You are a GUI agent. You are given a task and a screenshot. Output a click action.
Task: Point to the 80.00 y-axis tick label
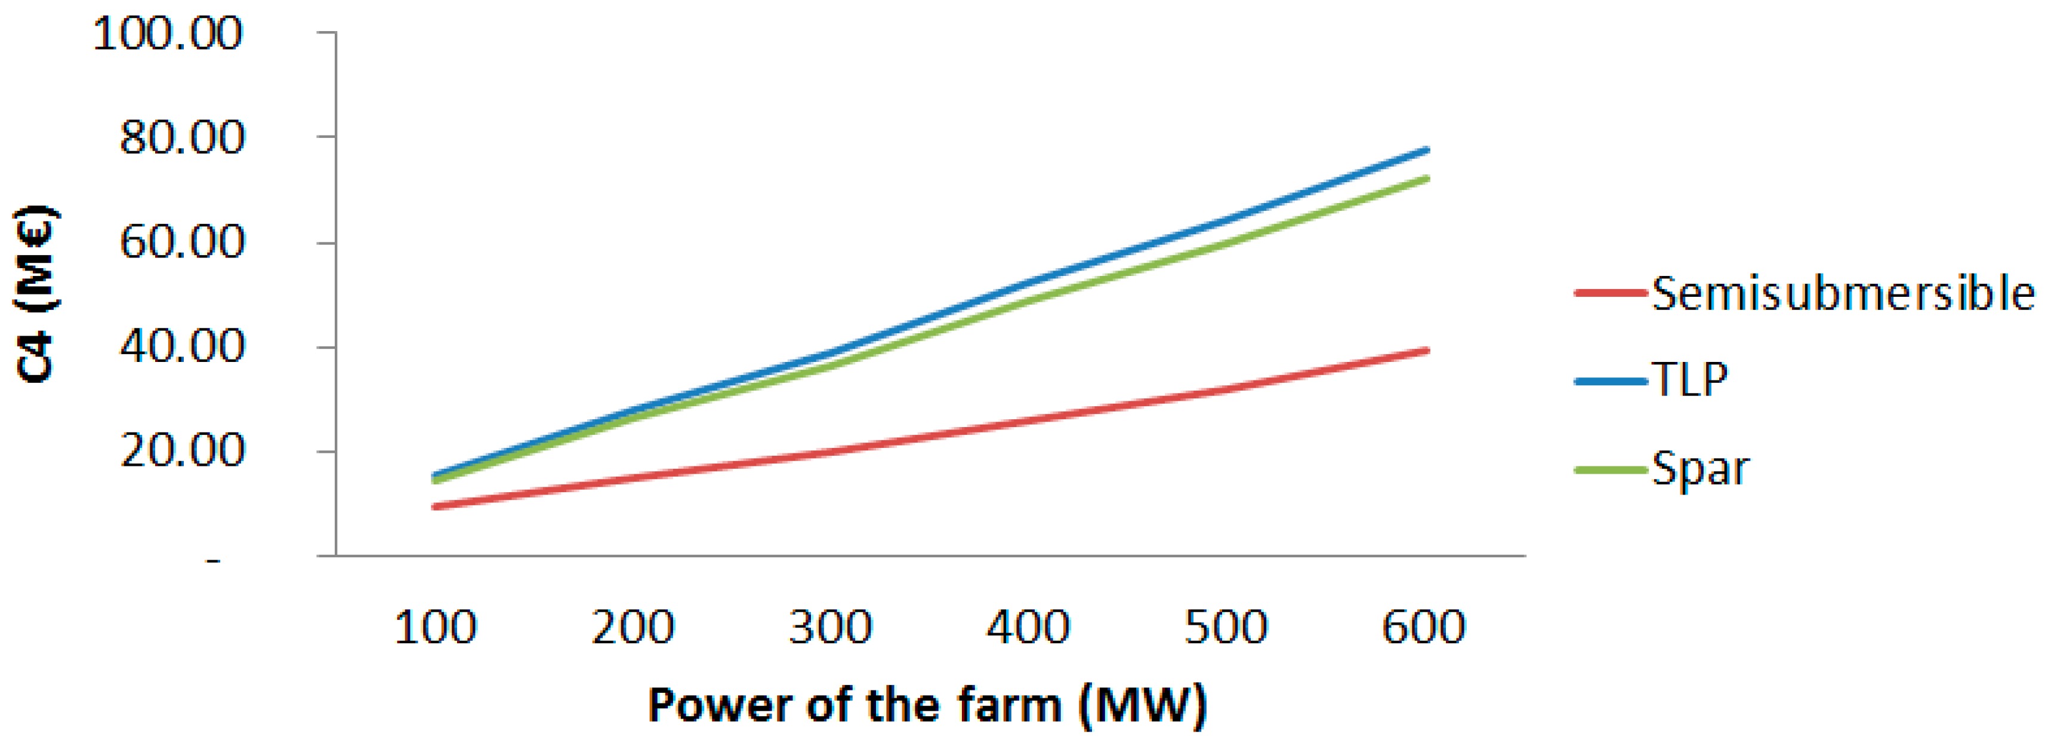[182, 138]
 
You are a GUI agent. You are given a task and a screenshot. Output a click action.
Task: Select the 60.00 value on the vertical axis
[182, 242]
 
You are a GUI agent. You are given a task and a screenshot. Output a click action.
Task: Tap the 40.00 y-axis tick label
[182, 347]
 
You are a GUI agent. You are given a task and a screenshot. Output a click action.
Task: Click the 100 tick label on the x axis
[435, 628]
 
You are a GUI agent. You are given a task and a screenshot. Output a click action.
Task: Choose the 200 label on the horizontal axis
[633, 628]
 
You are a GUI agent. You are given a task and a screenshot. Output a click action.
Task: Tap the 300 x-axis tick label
[831, 628]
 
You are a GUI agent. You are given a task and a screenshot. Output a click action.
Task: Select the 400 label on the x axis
[1028, 628]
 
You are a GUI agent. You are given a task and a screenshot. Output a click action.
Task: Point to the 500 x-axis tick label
[1226, 628]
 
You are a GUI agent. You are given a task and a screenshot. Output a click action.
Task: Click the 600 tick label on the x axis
[1423, 628]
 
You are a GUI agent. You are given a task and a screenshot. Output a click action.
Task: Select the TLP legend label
[1690, 380]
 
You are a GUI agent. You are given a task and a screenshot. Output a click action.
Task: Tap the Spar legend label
[1701, 469]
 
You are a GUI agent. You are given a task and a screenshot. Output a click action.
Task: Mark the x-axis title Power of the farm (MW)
[927, 705]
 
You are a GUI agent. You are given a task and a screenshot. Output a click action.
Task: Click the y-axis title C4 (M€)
[36, 294]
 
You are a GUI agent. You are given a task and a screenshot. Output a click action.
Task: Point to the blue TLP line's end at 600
[1427, 149]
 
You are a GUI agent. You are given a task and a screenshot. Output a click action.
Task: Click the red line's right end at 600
[1427, 351]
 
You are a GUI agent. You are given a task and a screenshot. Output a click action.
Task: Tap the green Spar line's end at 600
[1427, 178]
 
